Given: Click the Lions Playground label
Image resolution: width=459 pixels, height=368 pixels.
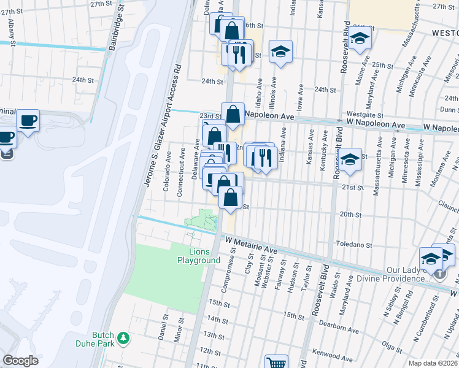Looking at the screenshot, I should (x=199, y=256).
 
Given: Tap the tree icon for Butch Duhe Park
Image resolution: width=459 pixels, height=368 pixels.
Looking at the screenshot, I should (x=123, y=337).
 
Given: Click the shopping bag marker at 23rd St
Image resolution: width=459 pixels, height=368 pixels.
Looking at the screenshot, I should (x=233, y=114).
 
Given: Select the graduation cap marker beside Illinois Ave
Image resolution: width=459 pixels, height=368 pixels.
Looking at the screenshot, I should (x=281, y=52).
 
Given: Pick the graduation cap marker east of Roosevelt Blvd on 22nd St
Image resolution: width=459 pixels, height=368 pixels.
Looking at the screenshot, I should (x=350, y=159).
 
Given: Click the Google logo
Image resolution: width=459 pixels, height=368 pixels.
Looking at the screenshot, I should (x=20, y=361).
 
